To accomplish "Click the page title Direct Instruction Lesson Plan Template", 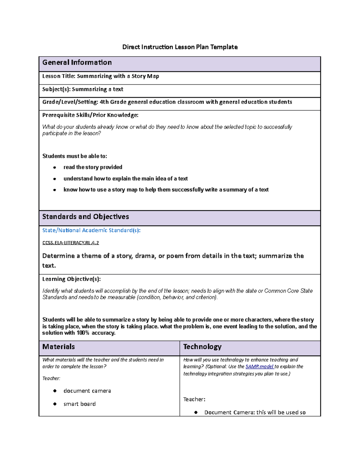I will coord(180,47).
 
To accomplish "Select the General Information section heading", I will coord(77,62).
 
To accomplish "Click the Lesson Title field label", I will coord(59,76).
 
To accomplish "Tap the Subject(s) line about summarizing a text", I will coord(83,89).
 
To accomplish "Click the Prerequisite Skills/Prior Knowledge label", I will coord(90,115).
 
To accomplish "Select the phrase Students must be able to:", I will coord(75,156).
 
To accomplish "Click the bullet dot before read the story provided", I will coord(55,167).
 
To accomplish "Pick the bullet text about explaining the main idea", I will coord(125,179).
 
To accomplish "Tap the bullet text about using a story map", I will coord(166,190).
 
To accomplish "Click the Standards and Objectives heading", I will coord(85,217).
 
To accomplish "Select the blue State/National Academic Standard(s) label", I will coord(91,230).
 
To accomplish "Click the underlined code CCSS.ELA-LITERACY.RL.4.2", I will coord(70,243).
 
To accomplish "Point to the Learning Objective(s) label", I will coord(71,279).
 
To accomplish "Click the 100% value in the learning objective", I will coord(83,333).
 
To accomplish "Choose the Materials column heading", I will coord(58,347).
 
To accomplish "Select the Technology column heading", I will coord(202,347).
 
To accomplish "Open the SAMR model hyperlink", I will coord(259,367).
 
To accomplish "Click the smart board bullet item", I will coord(79,404).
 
